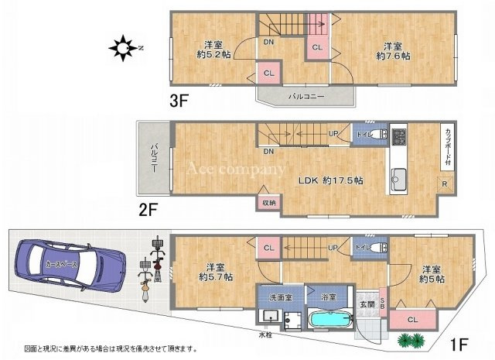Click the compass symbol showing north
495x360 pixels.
(x=124, y=50)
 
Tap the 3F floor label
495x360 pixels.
(x=180, y=100)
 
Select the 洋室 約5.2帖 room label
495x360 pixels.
(x=213, y=50)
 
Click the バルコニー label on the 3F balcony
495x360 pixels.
(x=307, y=97)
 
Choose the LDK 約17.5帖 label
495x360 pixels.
(x=332, y=180)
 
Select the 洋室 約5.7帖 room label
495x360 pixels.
(x=213, y=272)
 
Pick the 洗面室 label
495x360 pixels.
(x=276, y=297)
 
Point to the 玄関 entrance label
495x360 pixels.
(x=366, y=303)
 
